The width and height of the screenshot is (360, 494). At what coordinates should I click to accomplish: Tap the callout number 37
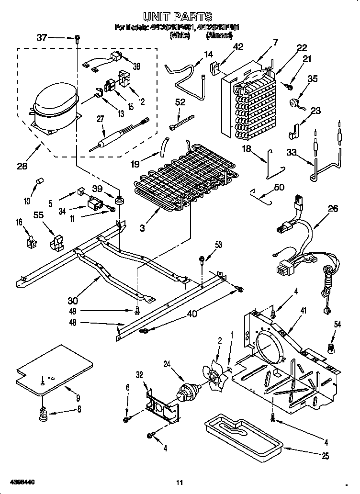point(42,37)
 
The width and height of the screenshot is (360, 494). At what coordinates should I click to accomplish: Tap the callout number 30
point(73,301)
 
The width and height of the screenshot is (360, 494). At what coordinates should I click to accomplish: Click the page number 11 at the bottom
point(180,483)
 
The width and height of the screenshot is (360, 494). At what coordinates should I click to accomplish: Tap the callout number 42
point(237,46)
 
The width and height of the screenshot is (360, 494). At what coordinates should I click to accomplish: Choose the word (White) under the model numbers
point(180,35)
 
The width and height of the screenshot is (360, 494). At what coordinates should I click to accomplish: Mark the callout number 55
point(38,215)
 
